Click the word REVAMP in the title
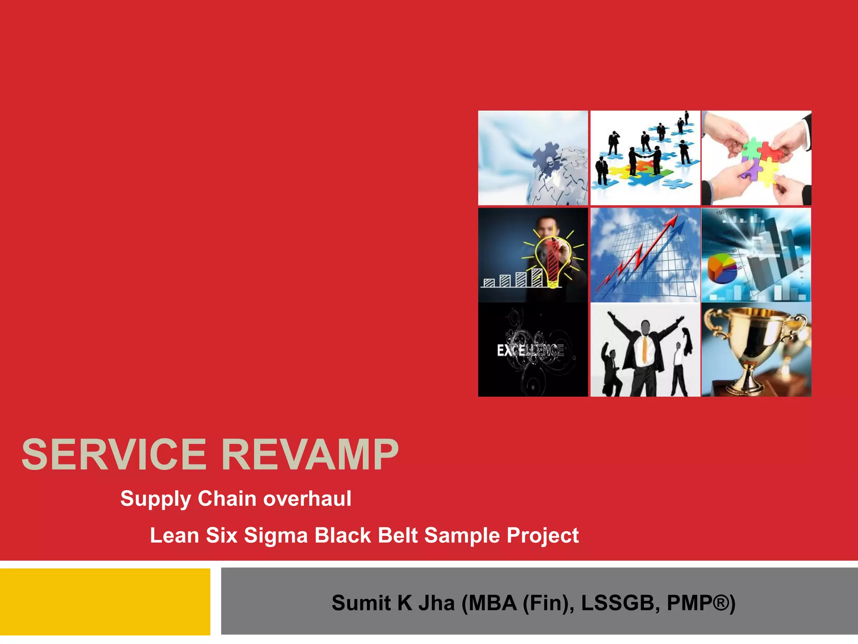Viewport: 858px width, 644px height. coord(310,455)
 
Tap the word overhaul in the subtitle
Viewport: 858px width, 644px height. coord(307,499)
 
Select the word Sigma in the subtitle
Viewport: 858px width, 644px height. coord(276,536)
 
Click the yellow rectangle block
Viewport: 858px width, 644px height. coord(105,602)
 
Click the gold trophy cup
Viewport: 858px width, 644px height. coord(754,340)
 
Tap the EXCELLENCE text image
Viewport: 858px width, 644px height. coord(530,350)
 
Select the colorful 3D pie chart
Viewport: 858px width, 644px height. coord(721,269)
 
